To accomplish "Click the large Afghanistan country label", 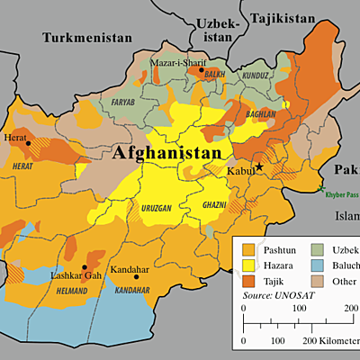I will coord(166,154).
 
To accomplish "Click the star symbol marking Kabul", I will coord(259,167).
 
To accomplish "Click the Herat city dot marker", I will coord(29,143).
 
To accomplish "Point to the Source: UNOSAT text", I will coord(279,295).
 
